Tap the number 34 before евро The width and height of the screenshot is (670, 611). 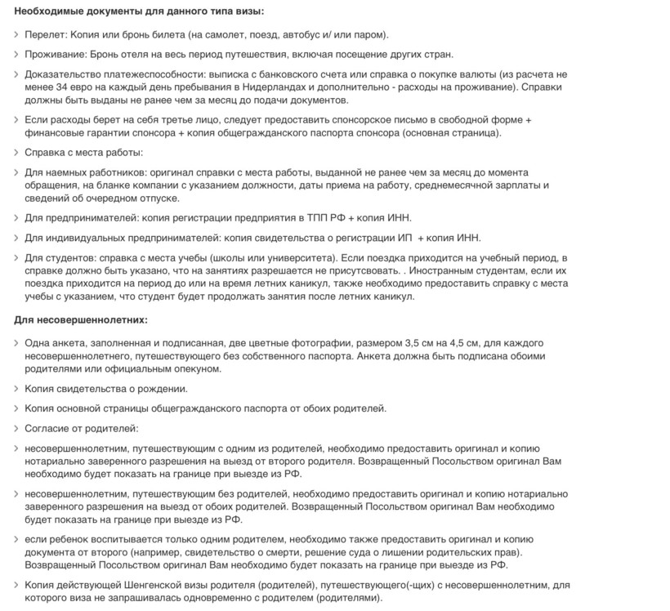click(x=63, y=86)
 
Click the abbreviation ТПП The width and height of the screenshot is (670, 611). click(x=319, y=218)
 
